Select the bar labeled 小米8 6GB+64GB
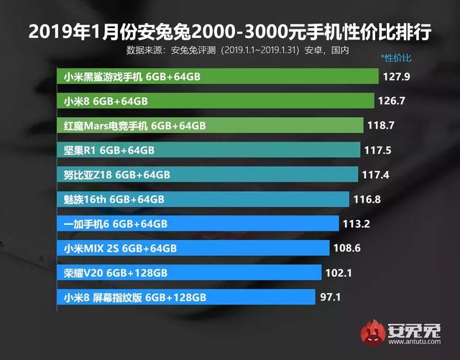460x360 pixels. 215,101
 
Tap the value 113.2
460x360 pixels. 356,223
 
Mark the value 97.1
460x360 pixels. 331,297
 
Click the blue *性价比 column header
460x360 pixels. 396,56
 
